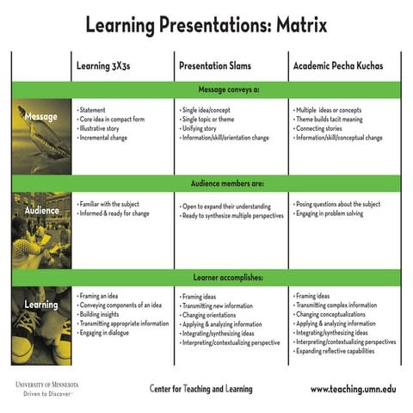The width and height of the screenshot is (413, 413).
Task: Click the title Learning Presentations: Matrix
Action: click(x=206, y=24)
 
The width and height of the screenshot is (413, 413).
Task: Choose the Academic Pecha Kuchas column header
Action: click(x=339, y=65)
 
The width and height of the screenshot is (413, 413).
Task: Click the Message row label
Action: click(x=41, y=117)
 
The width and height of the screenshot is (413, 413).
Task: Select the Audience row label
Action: click(x=41, y=210)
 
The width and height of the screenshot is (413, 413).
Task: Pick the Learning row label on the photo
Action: click(x=41, y=305)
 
